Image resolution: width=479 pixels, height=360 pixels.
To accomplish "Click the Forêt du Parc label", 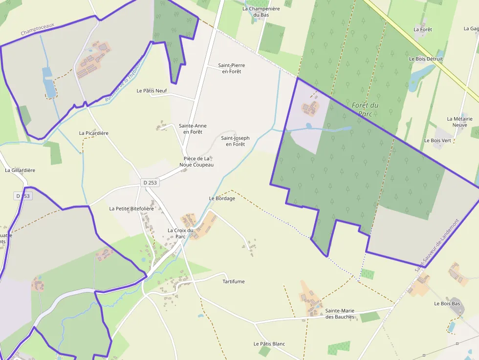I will click(365, 109).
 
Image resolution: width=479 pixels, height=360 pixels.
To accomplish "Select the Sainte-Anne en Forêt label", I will click(193, 129).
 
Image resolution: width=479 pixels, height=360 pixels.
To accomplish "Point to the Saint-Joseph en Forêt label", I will click(235, 141).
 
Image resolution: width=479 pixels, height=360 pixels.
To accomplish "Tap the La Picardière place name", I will click(93, 133).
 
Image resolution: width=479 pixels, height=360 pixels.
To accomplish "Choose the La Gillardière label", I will click(20, 170).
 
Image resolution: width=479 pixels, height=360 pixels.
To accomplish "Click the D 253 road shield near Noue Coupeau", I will click(150, 183).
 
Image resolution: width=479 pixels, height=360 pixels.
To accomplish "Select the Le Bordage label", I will click(222, 198).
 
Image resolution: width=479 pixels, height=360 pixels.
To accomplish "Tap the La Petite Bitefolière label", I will click(131, 209).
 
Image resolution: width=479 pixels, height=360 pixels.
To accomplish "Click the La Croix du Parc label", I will click(180, 233).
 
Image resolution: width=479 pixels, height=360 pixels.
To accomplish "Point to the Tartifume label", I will click(234, 282).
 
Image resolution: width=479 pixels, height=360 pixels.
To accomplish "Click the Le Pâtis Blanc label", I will click(269, 344).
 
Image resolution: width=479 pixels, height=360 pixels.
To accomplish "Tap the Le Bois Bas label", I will click(447, 303).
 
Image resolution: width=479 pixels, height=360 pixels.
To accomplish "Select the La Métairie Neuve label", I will click(459, 122).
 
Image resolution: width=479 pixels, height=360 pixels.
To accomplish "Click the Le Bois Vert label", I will click(437, 140).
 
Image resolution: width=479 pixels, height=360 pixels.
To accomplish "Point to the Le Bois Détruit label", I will click(426, 59).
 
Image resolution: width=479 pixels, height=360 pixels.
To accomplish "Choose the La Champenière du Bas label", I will click(261, 12).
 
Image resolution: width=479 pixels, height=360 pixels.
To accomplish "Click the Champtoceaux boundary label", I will click(37, 29).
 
